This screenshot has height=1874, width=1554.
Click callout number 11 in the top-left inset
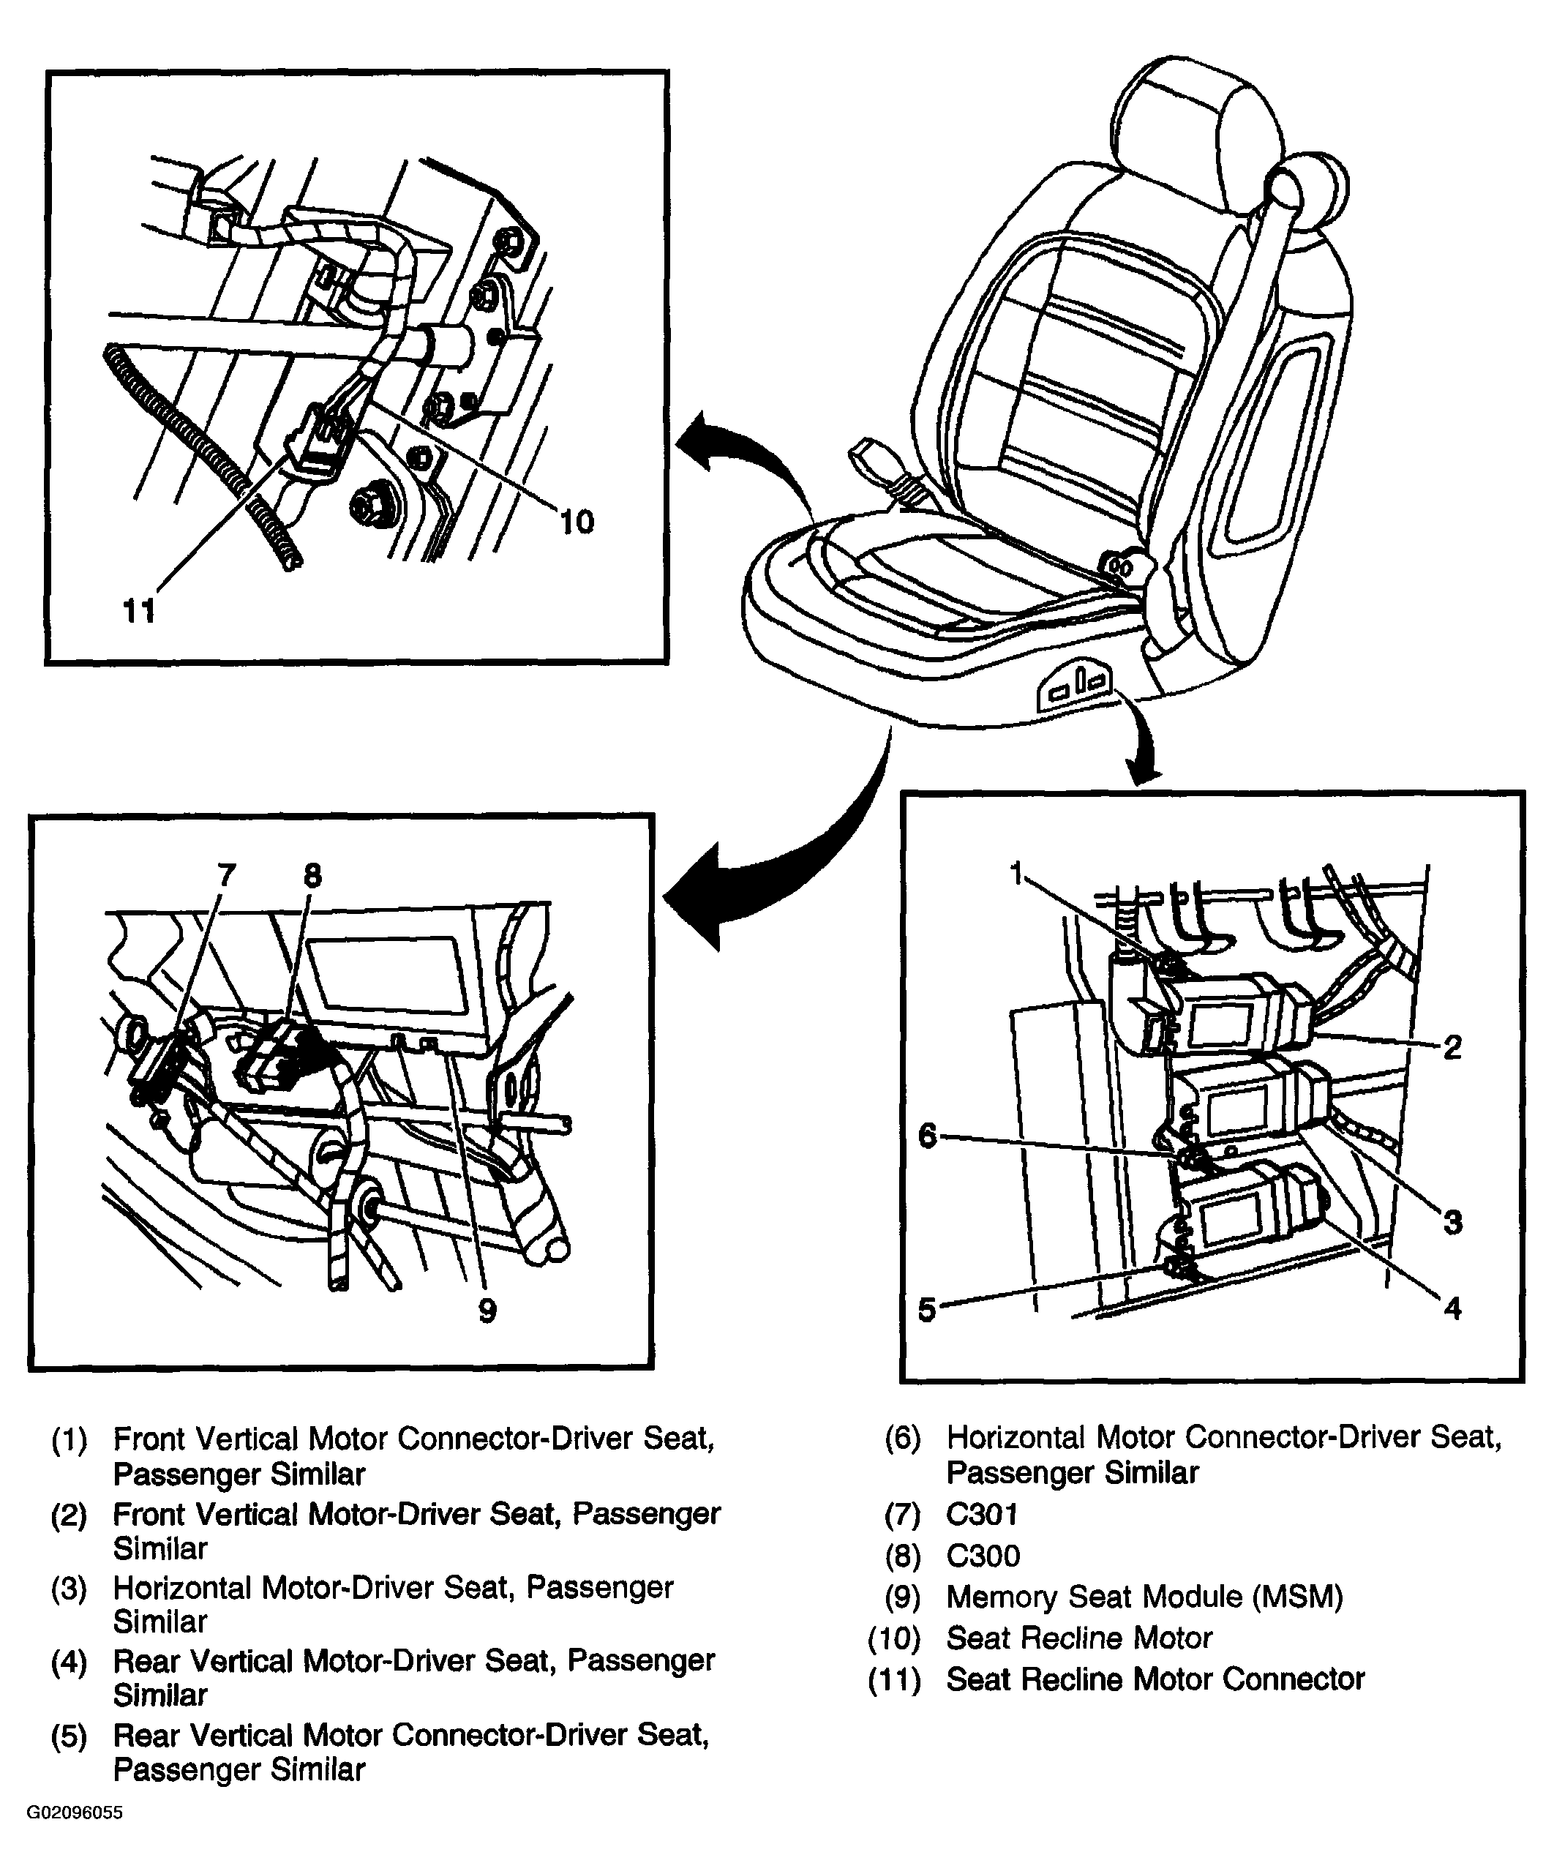coord(139,611)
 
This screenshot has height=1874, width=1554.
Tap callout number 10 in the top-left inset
coord(577,521)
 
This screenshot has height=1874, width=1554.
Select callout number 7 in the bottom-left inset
coord(227,874)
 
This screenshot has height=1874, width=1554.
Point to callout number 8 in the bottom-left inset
coord(312,874)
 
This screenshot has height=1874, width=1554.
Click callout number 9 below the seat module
coord(487,1310)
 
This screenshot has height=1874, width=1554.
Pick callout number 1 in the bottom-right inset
coord(1016,874)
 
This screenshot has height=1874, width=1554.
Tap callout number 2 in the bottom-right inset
coord(1452,1047)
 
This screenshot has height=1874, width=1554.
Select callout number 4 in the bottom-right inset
coord(1452,1308)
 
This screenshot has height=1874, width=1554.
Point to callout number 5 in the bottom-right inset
coord(928,1310)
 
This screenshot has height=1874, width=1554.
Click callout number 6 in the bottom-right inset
coord(928,1136)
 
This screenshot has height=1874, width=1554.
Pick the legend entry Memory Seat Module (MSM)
coord(1144,1596)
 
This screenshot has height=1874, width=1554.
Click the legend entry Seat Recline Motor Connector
coord(1155,1679)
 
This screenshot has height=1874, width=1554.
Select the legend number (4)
coord(70,1661)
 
